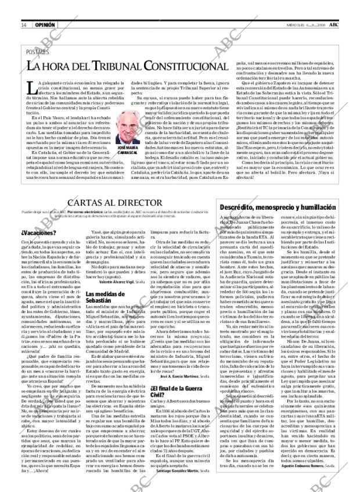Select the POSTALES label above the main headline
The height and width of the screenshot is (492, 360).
[x=37, y=52]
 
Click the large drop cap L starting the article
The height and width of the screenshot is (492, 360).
[x=33, y=88]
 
